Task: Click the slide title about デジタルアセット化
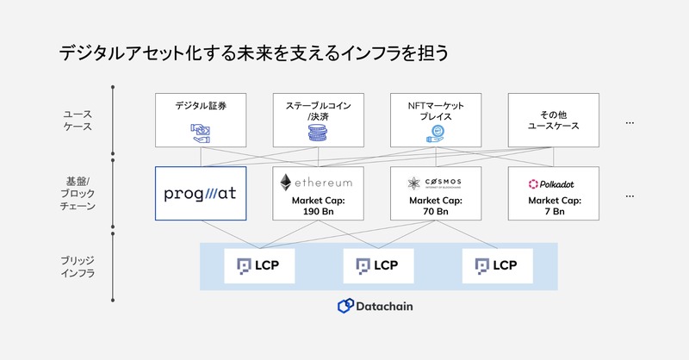[253, 53]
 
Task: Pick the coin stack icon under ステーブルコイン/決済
[318, 133]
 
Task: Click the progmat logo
[200, 193]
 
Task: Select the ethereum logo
[318, 183]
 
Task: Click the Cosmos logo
[436, 183]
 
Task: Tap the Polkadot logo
[554, 183]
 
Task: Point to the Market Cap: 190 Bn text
[318, 205]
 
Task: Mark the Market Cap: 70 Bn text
[436, 205]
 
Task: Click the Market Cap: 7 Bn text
[554, 205]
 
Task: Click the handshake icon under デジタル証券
[200, 132]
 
